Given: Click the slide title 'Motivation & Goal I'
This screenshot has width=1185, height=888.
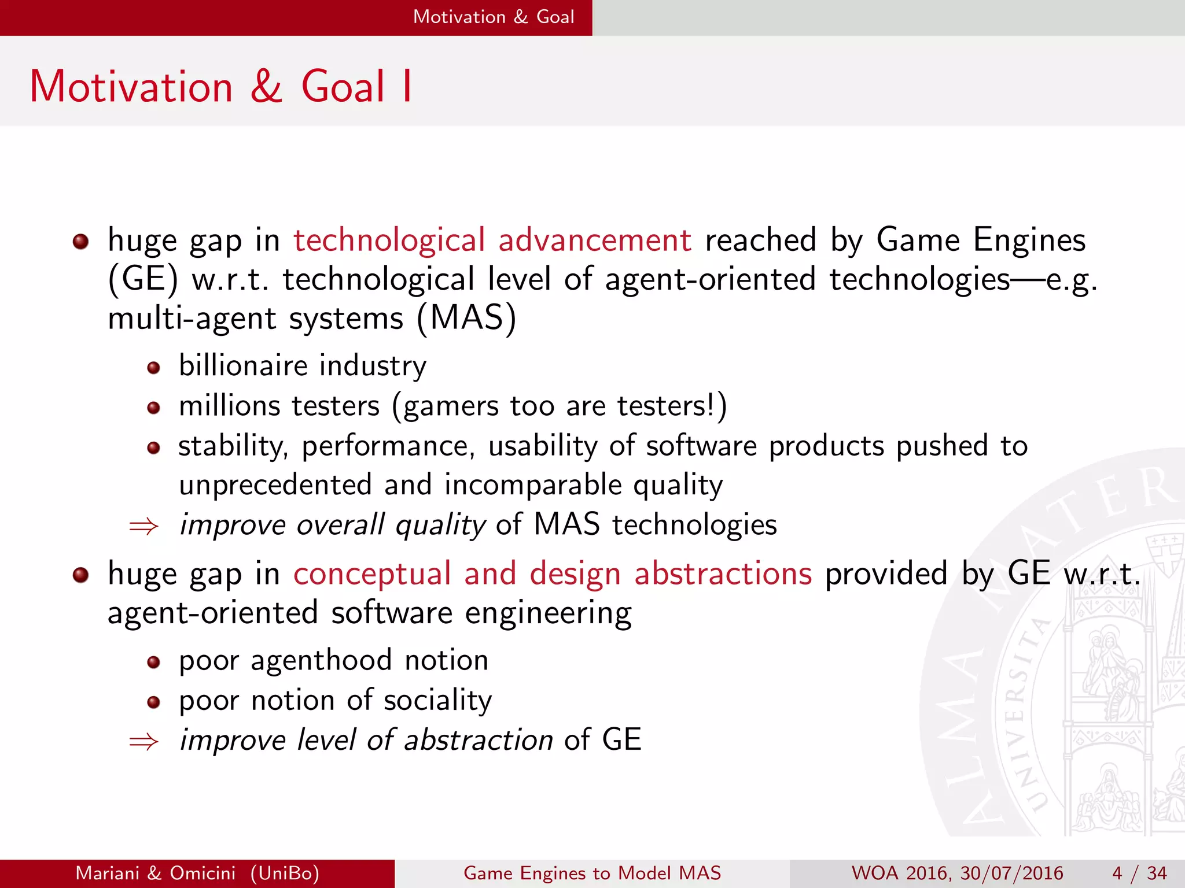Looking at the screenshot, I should [x=220, y=87].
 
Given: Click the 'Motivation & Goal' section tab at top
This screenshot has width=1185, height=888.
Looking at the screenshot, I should [x=494, y=17].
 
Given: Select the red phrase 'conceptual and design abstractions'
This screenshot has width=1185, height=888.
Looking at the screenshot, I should [x=553, y=573].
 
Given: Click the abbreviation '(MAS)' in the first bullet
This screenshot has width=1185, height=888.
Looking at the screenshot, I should [x=466, y=318].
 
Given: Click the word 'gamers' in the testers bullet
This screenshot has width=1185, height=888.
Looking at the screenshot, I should [x=451, y=406].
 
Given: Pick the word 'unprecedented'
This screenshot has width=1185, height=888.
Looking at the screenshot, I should [x=275, y=484].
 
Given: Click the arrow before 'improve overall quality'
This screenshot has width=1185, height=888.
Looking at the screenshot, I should [x=143, y=526].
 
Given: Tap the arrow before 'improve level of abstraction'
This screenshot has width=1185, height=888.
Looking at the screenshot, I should [x=143, y=741].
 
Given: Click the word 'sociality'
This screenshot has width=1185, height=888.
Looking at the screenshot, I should [x=437, y=700].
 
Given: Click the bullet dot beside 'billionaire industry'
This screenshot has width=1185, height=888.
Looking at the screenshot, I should [x=153, y=368].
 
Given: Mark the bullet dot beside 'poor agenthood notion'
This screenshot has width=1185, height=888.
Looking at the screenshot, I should [x=153, y=663].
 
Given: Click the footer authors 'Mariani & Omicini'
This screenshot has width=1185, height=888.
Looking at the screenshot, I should [x=156, y=873].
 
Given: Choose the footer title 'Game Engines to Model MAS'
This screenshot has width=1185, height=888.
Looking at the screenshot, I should [x=592, y=873].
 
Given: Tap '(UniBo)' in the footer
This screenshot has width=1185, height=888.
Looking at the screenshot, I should [x=285, y=873].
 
